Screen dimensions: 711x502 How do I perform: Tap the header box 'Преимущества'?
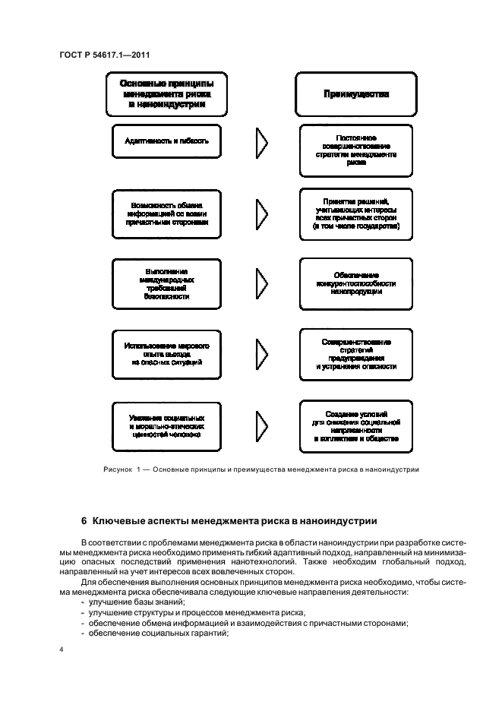tap(356, 95)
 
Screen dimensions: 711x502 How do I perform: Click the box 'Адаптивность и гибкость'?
tap(166, 141)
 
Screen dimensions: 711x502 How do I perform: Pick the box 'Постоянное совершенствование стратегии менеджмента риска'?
tap(356, 149)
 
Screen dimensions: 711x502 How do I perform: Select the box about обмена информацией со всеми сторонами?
tap(166, 215)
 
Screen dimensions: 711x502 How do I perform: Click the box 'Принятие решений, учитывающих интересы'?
tap(356, 215)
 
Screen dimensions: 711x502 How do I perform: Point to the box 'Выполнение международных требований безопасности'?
tap(166, 284)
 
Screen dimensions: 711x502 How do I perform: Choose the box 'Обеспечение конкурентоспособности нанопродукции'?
tap(356, 283)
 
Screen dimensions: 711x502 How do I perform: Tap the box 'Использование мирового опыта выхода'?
tap(166, 354)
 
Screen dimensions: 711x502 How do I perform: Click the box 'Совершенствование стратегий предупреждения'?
tap(356, 354)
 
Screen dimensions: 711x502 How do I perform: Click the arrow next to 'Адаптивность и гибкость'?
tap(261, 142)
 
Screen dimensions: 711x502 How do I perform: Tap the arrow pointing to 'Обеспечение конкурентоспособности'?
tap(261, 284)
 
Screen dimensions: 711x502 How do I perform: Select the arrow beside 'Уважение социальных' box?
tap(261, 427)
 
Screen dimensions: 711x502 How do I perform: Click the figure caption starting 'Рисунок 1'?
tap(261, 469)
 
